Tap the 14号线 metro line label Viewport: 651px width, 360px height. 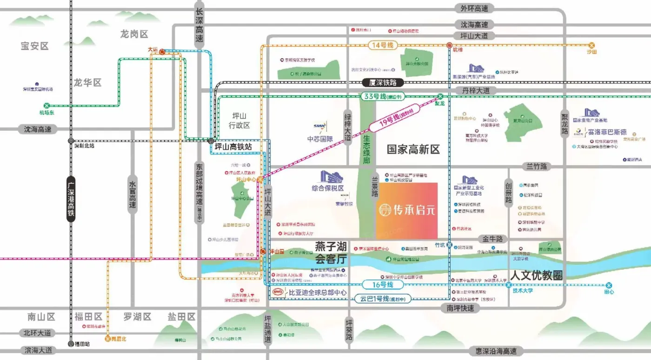(382, 46)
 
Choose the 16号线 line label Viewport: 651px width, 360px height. (382, 285)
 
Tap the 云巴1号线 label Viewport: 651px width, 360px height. (382, 299)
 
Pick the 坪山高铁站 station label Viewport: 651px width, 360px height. (233, 146)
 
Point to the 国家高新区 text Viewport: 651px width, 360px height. (413, 150)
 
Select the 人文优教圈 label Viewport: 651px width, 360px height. (536, 275)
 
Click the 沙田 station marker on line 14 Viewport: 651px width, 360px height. (591, 46)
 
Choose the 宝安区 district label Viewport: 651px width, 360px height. (34, 46)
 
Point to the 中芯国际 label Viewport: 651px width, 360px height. (320, 139)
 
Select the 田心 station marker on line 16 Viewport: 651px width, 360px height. (609, 285)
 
